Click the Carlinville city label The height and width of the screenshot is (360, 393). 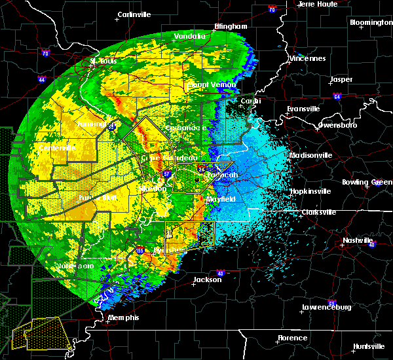(134, 14)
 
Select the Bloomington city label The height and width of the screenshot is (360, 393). (371, 22)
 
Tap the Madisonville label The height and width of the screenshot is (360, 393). (312, 155)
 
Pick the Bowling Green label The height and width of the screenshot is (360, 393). (371, 181)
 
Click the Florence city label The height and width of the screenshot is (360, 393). (291, 338)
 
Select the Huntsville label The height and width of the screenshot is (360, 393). (369, 346)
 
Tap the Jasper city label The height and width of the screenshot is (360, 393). (341, 79)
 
